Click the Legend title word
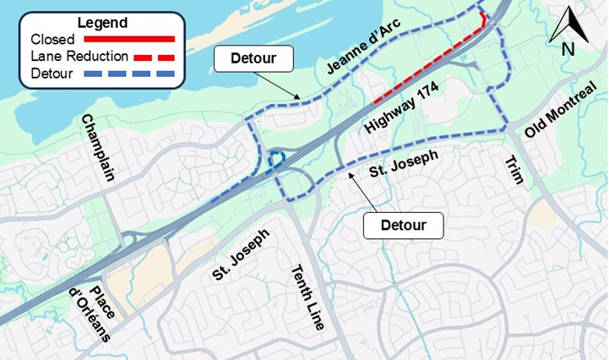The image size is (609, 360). pyautogui.click(x=101, y=23)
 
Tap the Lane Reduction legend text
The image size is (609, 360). pyautogui.click(x=79, y=57)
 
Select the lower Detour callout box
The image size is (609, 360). pyautogui.click(x=403, y=226)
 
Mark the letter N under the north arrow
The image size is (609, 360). pyautogui.click(x=568, y=49)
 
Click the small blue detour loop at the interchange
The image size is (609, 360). pyautogui.click(x=275, y=159)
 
